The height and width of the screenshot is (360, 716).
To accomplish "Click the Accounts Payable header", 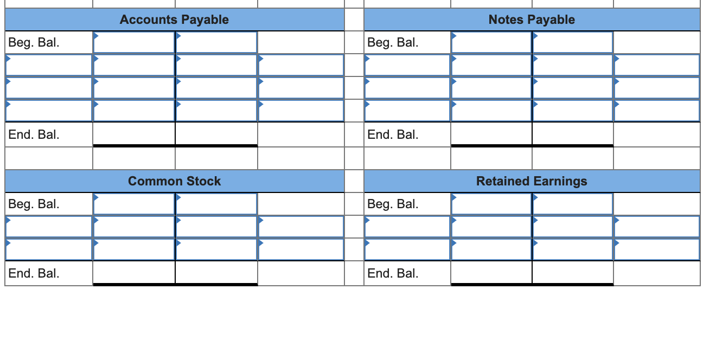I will (174, 20).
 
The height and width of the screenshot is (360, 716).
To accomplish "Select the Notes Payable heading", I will (532, 20).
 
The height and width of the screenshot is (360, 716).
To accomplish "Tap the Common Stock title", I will (174, 181).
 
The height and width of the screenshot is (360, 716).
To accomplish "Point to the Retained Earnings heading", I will (532, 181).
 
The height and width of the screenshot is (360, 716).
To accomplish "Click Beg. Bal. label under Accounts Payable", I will (34, 42).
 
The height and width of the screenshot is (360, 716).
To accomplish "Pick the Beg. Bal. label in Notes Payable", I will (393, 42).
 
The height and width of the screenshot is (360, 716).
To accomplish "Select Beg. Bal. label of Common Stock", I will (34, 204).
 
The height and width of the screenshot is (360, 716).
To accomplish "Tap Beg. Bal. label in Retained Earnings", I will (393, 204).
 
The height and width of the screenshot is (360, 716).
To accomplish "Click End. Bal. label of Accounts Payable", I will (34, 134).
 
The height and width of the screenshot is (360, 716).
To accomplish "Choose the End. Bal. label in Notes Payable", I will (393, 134).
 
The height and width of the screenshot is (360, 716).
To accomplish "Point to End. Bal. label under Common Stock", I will (34, 273).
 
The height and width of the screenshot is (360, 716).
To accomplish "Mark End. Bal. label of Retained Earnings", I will (393, 273).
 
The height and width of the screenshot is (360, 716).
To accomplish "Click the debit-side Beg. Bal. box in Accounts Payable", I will (134, 42).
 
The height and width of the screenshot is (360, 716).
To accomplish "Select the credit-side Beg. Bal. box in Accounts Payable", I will (216, 42).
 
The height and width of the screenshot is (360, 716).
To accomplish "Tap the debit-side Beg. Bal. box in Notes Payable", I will (491, 42).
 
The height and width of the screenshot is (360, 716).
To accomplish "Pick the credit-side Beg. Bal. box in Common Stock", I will (216, 204).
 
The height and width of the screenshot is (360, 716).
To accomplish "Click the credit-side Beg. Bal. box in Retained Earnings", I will (573, 204).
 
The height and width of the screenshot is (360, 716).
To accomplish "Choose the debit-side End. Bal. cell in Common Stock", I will (134, 273).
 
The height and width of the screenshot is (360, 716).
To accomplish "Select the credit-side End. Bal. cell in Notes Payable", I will (573, 134).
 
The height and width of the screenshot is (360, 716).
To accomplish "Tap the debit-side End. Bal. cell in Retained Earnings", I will (491, 273).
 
